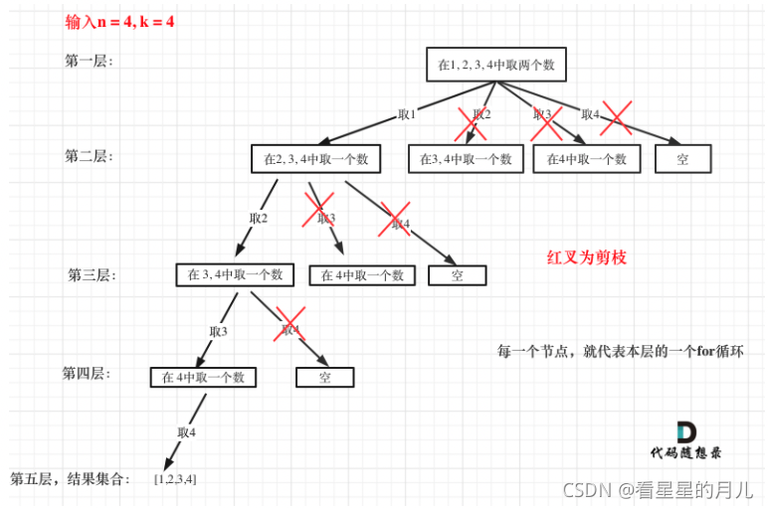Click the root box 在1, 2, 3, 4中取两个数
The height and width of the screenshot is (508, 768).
(495, 67)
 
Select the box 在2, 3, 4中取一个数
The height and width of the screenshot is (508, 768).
(315, 159)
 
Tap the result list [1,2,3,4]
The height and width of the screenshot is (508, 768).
(175, 479)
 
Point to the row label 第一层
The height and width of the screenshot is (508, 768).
(89, 61)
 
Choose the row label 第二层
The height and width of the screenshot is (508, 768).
(89, 156)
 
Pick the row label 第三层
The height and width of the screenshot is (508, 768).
(92, 275)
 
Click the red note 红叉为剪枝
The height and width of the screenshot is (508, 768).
(586, 256)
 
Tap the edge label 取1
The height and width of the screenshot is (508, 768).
(406, 115)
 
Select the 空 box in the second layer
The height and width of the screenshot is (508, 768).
(682, 159)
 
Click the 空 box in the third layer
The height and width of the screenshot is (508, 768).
(457, 275)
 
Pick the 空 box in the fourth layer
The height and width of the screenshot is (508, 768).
(324, 378)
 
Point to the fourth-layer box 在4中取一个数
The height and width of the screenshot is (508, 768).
(203, 378)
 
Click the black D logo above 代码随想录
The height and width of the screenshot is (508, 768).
(686, 432)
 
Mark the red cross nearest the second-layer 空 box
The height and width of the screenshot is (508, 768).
(617, 116)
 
